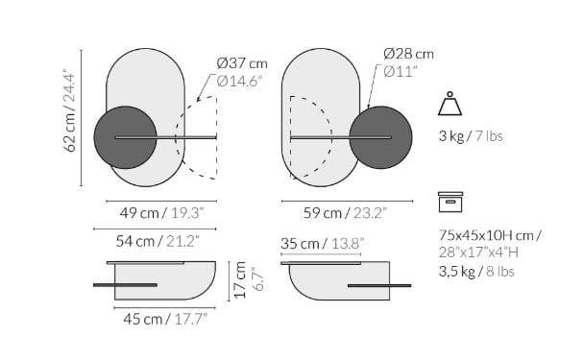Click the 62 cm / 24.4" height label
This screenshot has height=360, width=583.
(x=69, y=123)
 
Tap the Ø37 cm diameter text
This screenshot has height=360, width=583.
(x=241, y=63)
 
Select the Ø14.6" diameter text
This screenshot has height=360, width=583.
(x=241, y=82)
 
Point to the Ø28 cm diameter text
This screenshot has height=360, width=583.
(x=407, y=53)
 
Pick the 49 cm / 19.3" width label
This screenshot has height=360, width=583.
(x=154, y=211)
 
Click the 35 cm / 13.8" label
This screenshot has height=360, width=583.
(x=323, y=244)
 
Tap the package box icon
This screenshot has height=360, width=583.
(x=450, y=202)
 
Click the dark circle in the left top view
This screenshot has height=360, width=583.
(x=125, y=137)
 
